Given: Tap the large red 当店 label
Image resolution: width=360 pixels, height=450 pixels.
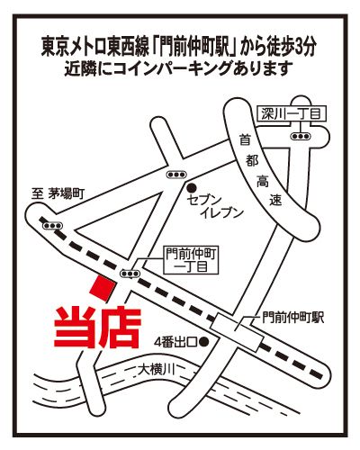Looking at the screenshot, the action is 97,328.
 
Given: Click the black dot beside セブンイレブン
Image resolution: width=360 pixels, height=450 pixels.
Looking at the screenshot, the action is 191,188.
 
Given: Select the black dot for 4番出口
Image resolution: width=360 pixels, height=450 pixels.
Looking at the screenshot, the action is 204,341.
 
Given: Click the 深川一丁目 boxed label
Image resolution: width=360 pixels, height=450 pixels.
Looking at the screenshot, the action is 292,114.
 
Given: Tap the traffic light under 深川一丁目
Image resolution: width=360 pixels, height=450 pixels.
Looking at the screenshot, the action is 301,136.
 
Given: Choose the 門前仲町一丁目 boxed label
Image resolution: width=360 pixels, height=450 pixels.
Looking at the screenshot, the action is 191,260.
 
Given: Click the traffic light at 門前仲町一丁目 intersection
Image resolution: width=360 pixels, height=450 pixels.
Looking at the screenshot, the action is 130,274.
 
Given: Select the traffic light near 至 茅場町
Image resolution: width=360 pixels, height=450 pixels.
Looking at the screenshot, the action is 53,226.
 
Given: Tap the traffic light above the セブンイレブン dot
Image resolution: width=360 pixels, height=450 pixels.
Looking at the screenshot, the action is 176,175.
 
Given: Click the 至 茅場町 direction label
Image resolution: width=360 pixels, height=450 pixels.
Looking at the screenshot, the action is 58,194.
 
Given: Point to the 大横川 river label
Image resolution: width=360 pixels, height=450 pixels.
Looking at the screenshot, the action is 156,370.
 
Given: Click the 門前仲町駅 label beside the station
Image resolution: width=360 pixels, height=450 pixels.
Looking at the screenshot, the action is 292,318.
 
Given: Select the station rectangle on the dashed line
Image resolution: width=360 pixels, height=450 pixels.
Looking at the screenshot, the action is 237,333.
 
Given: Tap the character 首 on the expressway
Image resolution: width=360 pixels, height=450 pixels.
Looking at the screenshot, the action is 245,140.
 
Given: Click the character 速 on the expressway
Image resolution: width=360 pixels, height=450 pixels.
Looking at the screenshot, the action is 275,201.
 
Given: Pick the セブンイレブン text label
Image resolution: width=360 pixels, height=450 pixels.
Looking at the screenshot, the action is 214,206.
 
